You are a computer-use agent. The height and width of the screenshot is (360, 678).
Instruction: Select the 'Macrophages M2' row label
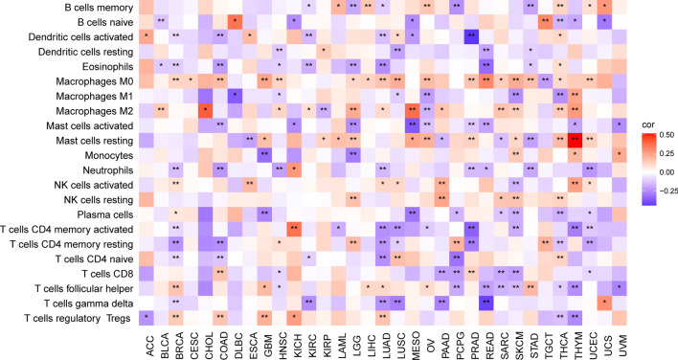click(x=86, y=110)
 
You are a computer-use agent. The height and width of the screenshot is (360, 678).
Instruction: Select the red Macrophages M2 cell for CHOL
click(x=205, y=110)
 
